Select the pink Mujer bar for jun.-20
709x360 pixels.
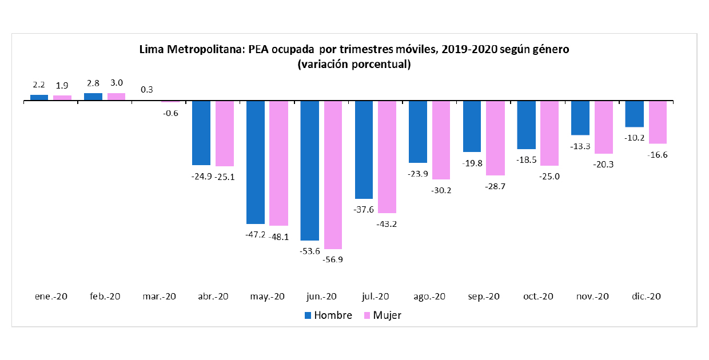coord(333,175)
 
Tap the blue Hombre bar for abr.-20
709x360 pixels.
coord(201,133)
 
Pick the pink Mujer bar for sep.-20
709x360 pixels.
coord(495,138)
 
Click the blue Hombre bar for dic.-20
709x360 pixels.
coord(634,114)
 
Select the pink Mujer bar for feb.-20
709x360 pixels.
coord(116,97)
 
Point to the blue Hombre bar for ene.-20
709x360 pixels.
coord(39,98)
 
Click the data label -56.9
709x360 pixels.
coord(333,259)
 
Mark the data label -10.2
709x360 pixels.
coord(634,138)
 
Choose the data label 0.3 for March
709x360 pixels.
coord(146,90)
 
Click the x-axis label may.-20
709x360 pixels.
coord(267,297)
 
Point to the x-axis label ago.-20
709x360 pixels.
coord(429,297)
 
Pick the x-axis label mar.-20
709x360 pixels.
coord(160,297)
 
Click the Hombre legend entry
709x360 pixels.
coord(328,315)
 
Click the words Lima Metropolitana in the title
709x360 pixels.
coord(192,50)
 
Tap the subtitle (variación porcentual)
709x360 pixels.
coord(354,64)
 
